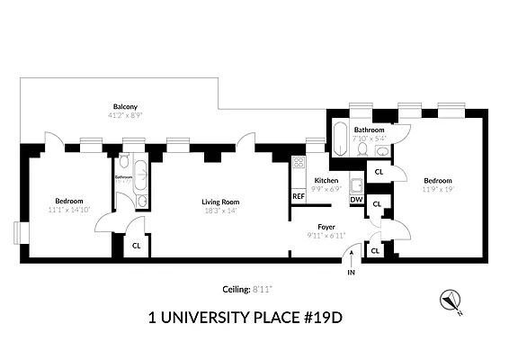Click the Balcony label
pos(124,105)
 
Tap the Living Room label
pos(220,201)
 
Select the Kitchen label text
pos(326,181)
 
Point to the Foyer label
pos(327,227)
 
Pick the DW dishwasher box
pos(356,199)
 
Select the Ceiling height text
pos(247,290)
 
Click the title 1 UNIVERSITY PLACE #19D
pos(246,318)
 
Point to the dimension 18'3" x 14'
pos(220,212)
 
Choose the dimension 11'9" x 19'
pos(440,189)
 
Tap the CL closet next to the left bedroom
pos(136,245)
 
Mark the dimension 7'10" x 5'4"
pos(370,139)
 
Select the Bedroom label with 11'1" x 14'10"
pos(69,201)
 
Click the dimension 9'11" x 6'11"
pos(327,237)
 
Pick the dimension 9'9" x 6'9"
pos(326,190)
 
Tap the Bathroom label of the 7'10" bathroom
pos(370,130)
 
